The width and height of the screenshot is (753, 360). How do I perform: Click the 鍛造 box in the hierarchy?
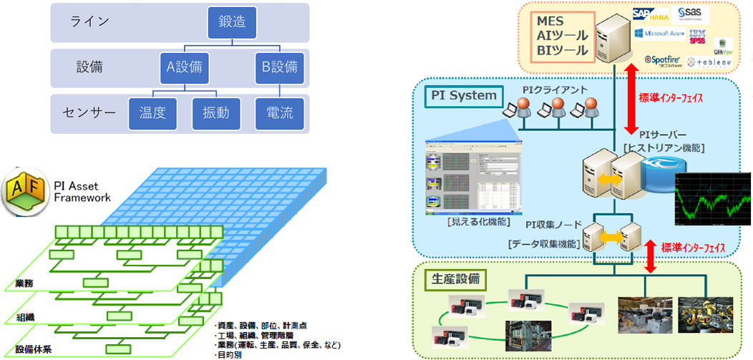pyautogui.click(x=232, y=23)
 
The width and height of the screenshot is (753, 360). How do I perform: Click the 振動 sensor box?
pyautogui.click(x=215, y=112)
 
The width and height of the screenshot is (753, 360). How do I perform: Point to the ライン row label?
pyautogui.click(x=90, y=21)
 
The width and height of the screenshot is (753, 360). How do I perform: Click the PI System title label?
pyautogui.click(x=462, y=94)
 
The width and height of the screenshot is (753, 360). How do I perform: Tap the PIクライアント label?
pyautogui.click(x=550, y=90)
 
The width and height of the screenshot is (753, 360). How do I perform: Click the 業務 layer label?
pyautogui.click(x=24, y=284)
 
